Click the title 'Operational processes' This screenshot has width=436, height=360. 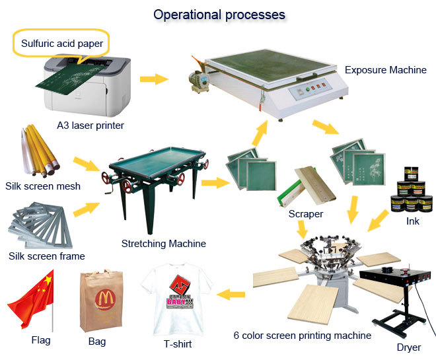(219, 14)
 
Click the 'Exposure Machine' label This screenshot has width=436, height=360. (385, 69)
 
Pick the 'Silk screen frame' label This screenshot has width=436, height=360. (46, 256)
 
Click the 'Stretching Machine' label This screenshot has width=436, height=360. (163, 243)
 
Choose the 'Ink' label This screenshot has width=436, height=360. (412, 221)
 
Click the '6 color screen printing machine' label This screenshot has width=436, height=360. (302, 336)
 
